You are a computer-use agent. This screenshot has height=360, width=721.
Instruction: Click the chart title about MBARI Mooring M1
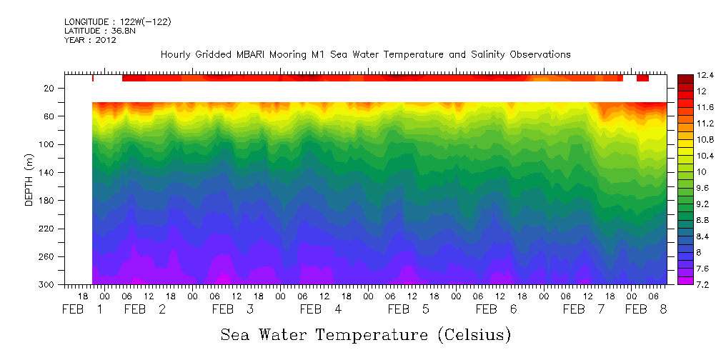[x=365, y=54]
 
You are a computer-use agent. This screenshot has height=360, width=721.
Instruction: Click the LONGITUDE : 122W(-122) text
[x=117, y=22]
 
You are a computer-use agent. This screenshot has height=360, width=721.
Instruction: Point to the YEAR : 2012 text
[x=90, y=40]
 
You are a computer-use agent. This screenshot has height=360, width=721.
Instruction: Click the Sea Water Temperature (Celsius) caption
[x=365, y=334]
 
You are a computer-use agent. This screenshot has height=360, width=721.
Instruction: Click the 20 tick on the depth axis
[x=50, y=89]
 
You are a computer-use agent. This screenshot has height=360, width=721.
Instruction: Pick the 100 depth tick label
[x=48, y=144]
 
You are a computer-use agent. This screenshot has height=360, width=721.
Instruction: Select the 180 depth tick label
[x=48, y=201]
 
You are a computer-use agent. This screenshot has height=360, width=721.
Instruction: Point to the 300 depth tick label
[x=48, y=285]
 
